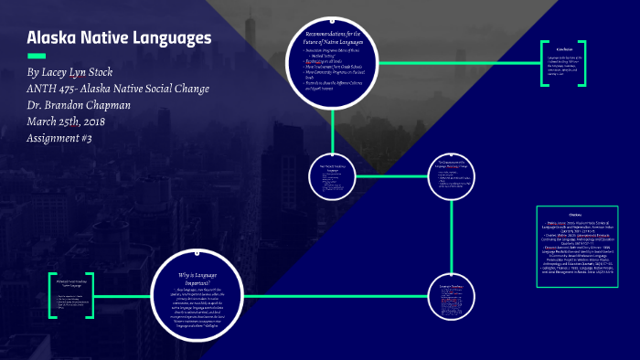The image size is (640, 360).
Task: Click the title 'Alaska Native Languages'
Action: point(119,38)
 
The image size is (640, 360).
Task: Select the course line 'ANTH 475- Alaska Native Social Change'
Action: point(118,88)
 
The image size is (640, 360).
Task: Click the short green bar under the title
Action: point(37,56)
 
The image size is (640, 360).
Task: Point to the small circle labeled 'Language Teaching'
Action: point(452,292)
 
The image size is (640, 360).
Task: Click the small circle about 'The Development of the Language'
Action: point(452,175)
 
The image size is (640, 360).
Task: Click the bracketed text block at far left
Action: point(71,294)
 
